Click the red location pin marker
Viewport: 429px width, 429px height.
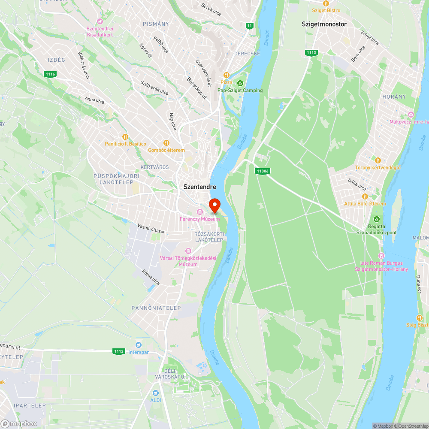[x=214, y=205]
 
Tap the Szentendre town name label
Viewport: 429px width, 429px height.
[x=199, y=187]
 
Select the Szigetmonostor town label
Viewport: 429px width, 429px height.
[x=324, y=24]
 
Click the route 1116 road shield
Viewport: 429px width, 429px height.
[x=50, y=74]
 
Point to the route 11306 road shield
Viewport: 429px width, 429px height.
[x=262, y=171]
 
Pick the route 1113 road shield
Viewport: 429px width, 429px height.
[x=311, y=52]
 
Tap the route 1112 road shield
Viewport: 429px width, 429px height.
[x=119, y=351]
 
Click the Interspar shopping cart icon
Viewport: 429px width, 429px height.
[x=138, y=344]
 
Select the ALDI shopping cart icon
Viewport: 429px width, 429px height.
[x=156, y=392]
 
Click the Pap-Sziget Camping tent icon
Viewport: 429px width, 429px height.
[x=240, y=83]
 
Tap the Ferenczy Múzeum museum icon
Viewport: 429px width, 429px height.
[x=199, y=212]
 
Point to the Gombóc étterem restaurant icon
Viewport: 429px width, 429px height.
[x=166, y=143]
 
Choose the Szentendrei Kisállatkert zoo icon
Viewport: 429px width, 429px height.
[x=100, y=21]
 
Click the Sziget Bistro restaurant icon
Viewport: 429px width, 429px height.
[x=326, y=3]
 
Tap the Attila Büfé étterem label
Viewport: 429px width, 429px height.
[x=365, y=204]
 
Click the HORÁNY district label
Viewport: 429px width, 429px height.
[x=394, y=97]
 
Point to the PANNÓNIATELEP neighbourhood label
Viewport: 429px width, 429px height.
[x=156, y=308]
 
